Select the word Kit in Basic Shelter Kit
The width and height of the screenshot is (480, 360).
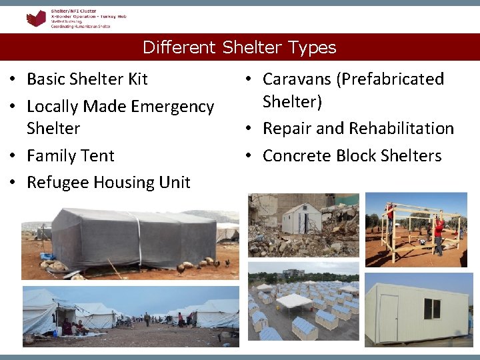tap(137, 79)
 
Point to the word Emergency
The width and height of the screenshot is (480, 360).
tap(173, 107)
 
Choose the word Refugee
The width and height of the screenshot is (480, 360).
tap(57, 183)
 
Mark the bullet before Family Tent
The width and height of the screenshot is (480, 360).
tap(13, 156)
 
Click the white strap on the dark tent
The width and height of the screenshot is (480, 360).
tap(139, 237)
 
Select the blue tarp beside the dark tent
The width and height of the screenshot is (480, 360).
tap(47, 256)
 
